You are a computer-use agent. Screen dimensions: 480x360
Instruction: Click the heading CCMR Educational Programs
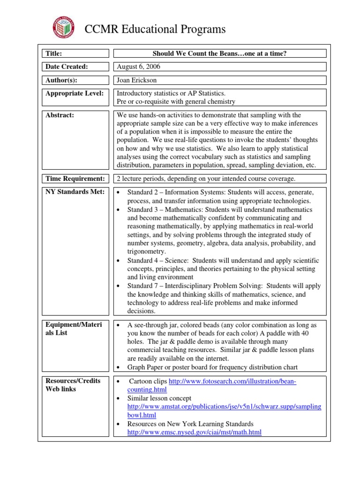click(155, 29)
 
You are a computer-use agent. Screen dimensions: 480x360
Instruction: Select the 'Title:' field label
click(54, 53)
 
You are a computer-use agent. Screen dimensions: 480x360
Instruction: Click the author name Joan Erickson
click(136, 80)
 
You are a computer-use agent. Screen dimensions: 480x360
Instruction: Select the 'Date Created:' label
click(67, 67)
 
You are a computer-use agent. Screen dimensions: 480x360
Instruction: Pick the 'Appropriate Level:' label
click(74, 93)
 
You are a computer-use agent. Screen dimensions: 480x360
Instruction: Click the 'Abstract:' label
click(60, 115)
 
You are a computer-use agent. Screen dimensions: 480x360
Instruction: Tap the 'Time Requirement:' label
click(75, 178)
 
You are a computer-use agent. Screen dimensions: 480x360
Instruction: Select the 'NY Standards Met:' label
click(73, 191)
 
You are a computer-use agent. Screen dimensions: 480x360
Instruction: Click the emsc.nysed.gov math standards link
click(194, 432)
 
